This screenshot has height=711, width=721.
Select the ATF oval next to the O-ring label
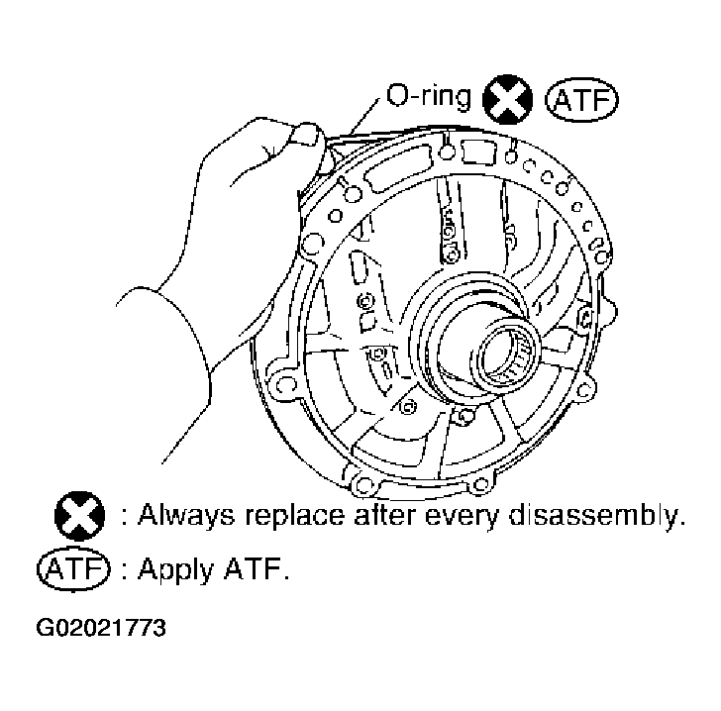[x=577, y=101]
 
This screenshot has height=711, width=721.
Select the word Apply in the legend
[x=170, y=571]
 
